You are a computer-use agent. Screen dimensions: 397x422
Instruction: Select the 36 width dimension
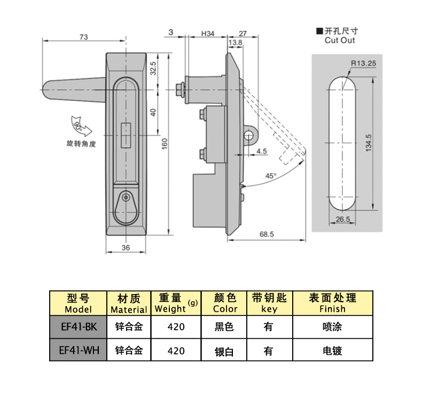126,248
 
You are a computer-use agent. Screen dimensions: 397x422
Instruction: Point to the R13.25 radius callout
364,63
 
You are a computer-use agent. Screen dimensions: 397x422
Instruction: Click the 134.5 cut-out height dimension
369,143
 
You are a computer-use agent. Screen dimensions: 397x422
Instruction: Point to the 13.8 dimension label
235,42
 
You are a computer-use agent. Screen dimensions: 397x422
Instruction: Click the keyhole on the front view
126,198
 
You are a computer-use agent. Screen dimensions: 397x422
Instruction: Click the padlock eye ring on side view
249,136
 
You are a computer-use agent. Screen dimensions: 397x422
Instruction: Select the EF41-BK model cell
78,327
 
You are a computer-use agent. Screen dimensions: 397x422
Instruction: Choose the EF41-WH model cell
78,351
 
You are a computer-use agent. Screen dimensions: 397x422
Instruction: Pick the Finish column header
332,303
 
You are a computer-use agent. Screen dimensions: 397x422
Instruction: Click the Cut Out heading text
339,40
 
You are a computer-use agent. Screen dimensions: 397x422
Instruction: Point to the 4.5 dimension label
262,152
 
